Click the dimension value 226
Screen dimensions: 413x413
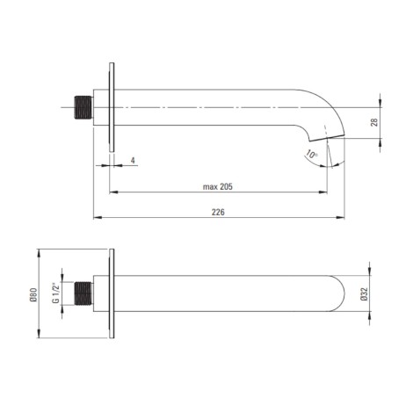click(218, 212)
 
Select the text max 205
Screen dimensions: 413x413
click(218, 186)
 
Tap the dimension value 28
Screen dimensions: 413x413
click(374, 122)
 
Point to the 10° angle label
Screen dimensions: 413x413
click(312, 154)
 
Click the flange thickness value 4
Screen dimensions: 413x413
click(133, 161)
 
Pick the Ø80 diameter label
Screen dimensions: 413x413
click(33, 294)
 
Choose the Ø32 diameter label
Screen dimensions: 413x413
click(364, 293)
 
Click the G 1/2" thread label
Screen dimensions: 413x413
click(55, 293)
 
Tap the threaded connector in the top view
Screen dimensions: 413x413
click(83, 107)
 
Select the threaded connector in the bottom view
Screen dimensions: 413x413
click(83, 293)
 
